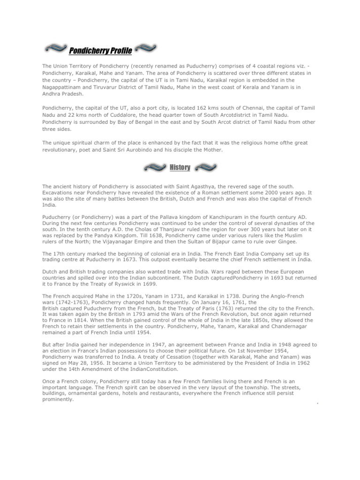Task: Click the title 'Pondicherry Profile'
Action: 100,50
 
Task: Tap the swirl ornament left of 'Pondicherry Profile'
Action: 55,49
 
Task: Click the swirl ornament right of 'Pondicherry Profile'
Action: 146,49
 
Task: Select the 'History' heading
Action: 180,167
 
